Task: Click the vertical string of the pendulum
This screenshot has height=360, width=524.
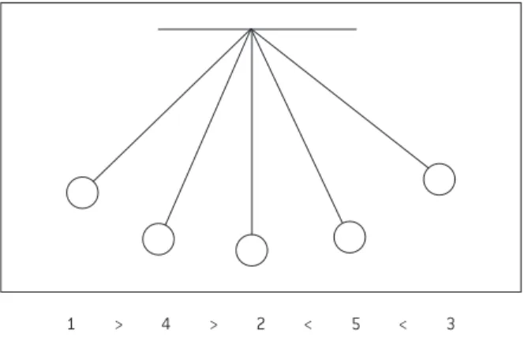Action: pos(252,132)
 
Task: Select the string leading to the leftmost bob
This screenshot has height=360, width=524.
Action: pos(173,105)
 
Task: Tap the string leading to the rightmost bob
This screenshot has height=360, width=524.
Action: pos(339,98)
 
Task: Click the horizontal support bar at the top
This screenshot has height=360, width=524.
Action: pos(257,29)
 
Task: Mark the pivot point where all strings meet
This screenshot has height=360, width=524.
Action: pos(251,30)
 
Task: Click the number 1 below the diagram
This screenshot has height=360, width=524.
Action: pos(71,324)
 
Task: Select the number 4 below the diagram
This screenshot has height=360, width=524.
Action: pos(166,324)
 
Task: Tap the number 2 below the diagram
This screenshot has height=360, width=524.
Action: pos(260,324)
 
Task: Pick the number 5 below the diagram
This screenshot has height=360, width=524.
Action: pos(356,324)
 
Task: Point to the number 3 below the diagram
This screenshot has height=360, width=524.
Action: pos(451,324)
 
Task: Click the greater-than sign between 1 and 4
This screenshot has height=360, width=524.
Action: pos(118,325)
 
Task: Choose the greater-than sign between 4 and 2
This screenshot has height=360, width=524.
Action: pos(214,325)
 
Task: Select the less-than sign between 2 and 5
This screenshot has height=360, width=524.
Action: pos(308,325)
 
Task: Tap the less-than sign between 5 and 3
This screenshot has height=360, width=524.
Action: pos(403,325)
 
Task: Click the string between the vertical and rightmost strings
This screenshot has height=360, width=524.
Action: pos(297,126)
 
